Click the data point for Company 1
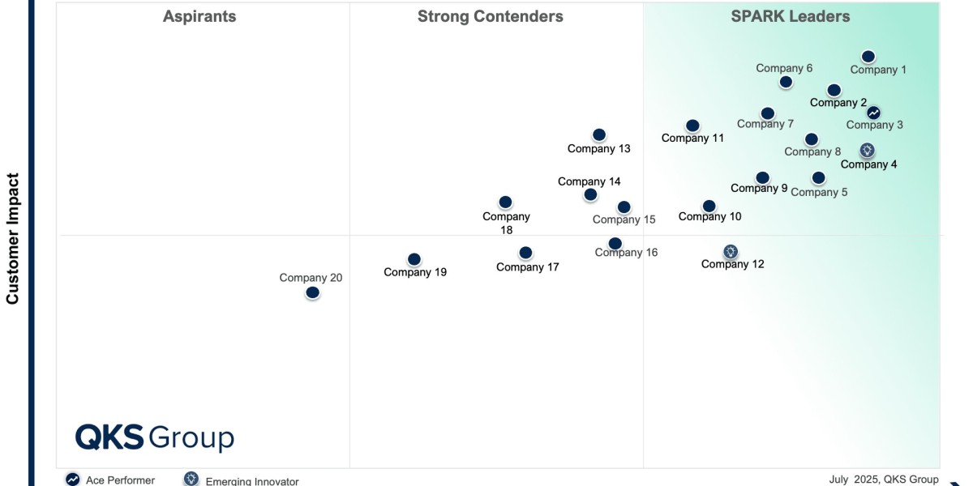pyautogui.click(x=868, y=57)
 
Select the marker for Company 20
pyautogui.click(x=313, y=292)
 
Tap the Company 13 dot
pyautogui.click(x=599, y=135)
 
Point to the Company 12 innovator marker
pyautogui.click(x=731, y=252)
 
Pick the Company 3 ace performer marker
pyautogui.click(x=873, y=113)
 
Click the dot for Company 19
pyautogui.click(x=414, y=259)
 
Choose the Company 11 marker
pyautogui.click(x=692, y=126)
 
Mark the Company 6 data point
pyautogui.click(x=786, y=82)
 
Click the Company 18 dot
pyautogui.click(x=505, y=202)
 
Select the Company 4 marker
pyautogui.click(x=867, y=150)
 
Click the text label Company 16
pyautogui.click(x=626, y=253)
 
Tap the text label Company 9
pyautogui.click(x=759, y=189)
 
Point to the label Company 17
pyautogui.click(x=528, y=267)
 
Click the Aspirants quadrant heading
pyautogui.click(x=199, y=16)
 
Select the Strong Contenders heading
pyautogui.click(x=491, y=16)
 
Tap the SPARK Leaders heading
pyautogui.click(x=791, y=16)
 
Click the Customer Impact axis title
pyautogui.click(x=13, y=238)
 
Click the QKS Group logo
pyautogui.click(x=155, y=437)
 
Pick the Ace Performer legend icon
pyautogui.click(x=73, y=480)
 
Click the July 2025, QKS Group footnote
pyautogui.click(x=884, y=480)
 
